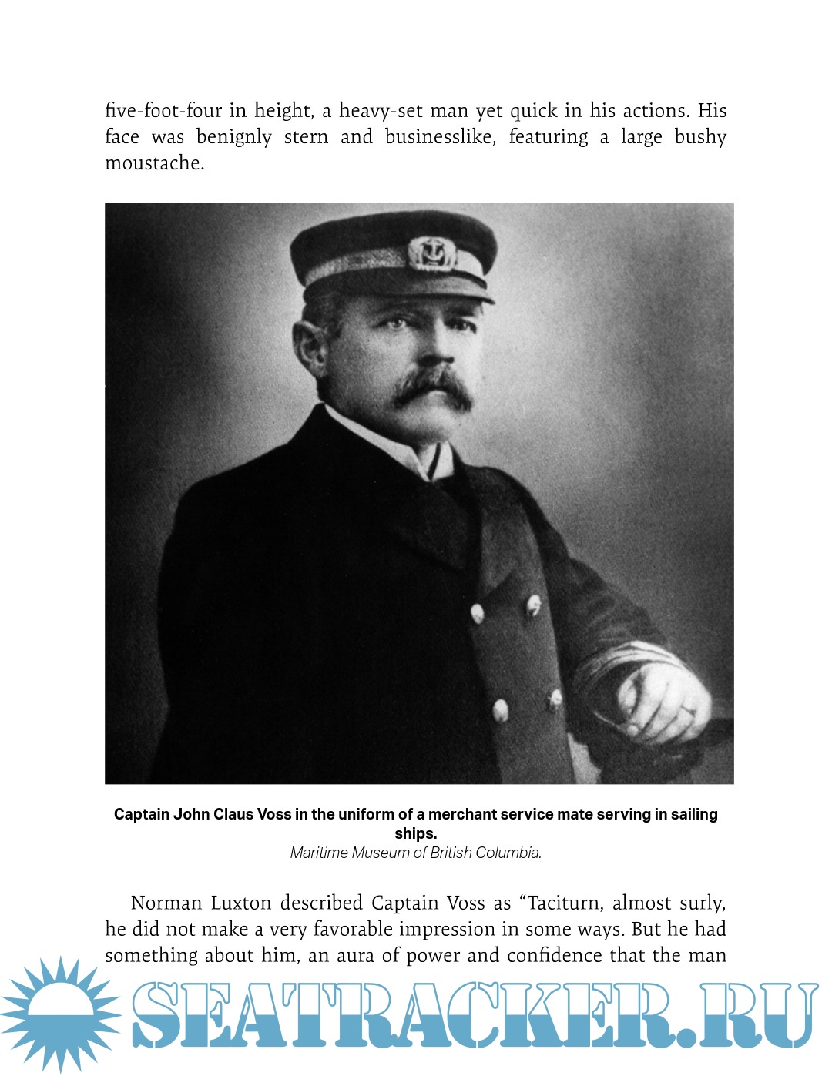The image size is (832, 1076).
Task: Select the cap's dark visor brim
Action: tap(401, 290)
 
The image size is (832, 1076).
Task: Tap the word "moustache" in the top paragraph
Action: tap(154, 163)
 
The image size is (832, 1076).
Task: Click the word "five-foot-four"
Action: tap(163, 111)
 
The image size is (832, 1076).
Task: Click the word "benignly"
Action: tap(234, 137)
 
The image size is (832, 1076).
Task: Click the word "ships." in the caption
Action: tap(416, 833)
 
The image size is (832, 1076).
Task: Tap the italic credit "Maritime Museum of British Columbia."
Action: tap(416, 853)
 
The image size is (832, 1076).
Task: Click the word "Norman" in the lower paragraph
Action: tap(166, 903)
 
